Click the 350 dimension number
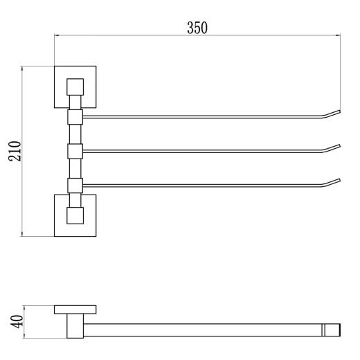[197, 28]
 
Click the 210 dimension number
[15, 151]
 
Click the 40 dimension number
[17, 321]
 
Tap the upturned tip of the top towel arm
[339, 112]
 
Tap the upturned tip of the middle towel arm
[339, 146]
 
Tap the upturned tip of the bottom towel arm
[339, 180]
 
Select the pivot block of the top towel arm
[75, 117]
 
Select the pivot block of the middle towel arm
[75, 151]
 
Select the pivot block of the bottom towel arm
[75, 186]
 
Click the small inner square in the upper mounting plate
[75, 87]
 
